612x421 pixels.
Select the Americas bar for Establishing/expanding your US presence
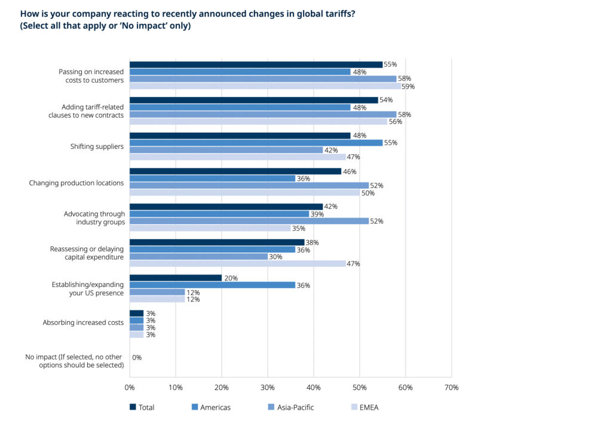[212, 285]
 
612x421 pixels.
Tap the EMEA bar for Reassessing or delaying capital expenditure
[237, 264]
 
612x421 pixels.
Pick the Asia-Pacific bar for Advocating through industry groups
[249, 221]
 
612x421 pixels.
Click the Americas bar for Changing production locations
[212, 178]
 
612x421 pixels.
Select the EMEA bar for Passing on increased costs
[265, 86]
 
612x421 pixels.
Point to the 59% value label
[408, 86]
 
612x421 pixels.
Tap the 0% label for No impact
[137, 357]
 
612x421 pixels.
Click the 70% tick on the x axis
[451, 388]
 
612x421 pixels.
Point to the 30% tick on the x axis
[267, 388]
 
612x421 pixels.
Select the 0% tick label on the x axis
[130, 388]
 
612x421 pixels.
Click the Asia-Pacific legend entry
[296, 407]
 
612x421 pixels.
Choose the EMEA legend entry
[368, 407]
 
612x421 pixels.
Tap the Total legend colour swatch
[133, 407]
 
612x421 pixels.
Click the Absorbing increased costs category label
[83, 322]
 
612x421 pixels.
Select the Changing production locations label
[76, 183]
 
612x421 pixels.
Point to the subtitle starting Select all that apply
[105, 26]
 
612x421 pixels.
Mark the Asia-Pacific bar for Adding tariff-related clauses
[262, 114]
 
